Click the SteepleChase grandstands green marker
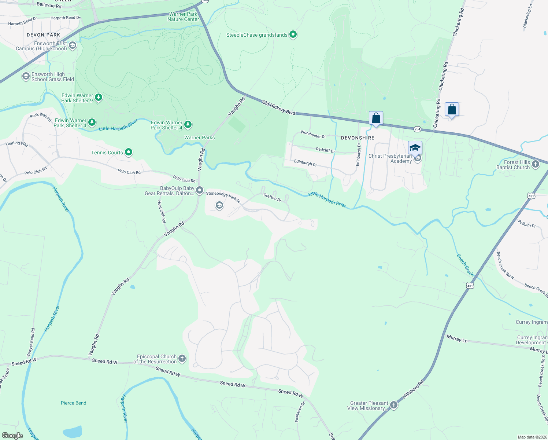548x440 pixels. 293,34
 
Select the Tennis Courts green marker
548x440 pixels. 128,152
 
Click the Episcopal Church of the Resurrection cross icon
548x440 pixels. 182,359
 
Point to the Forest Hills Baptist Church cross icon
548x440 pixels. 536,164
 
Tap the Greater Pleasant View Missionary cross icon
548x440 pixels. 393,405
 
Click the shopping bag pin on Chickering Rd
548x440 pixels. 452,109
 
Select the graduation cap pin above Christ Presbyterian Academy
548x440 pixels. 415,148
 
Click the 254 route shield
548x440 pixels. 417,129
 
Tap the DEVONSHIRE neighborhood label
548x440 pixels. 358,138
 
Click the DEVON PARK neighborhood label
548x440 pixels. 43,35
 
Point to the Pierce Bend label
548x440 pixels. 74,403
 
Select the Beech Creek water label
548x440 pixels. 465,265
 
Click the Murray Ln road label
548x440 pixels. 457,339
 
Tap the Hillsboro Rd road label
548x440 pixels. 413,389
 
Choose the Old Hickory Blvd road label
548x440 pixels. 278,108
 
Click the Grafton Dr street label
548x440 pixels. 272,198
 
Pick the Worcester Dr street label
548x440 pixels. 313,134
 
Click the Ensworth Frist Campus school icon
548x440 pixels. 73,45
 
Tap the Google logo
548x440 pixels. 12,436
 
